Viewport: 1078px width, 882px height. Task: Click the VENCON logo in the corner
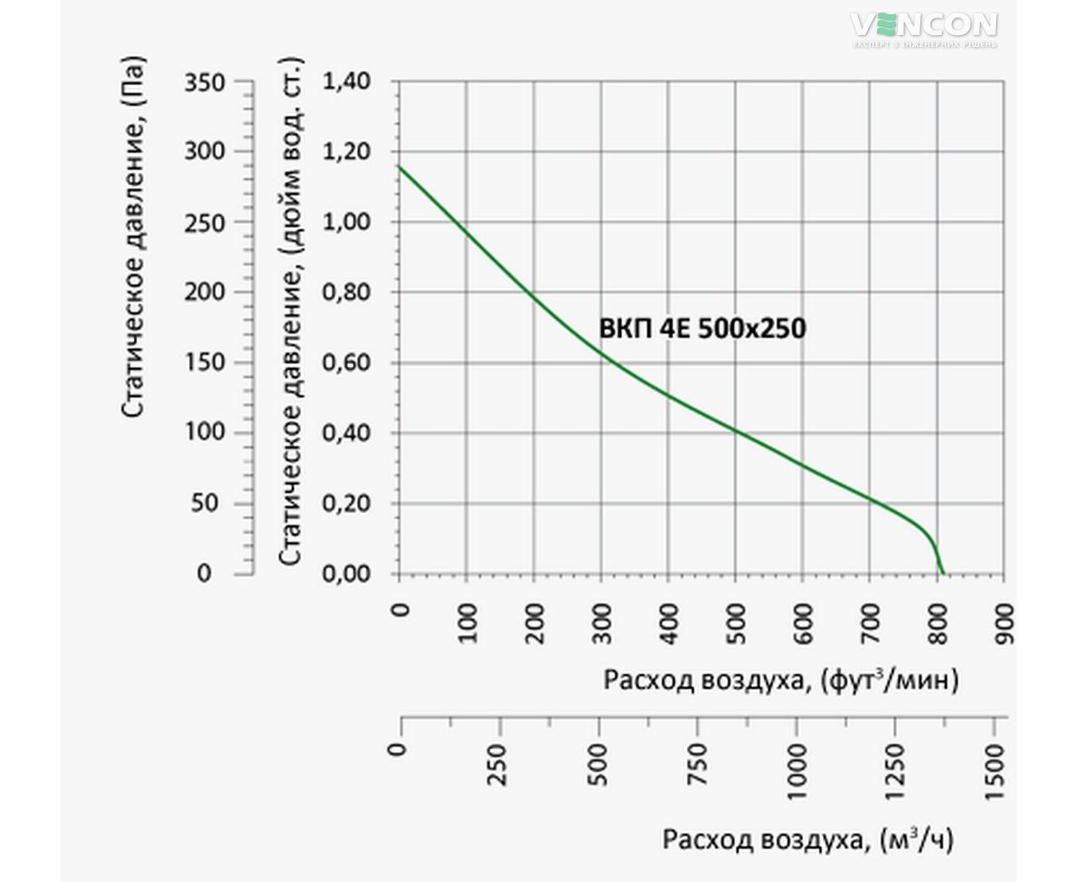pyautogui.click(x=924, y=27)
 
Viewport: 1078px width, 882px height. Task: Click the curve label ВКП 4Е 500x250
pyautogui.click(x=702, y=328)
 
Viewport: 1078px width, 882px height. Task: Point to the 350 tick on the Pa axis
pyautogui.click(x=205, y=82)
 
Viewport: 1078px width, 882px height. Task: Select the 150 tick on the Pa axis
pyautogui.click(x=205, y=363)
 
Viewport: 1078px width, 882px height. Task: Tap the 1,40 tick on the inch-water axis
pyautogui.click(x=347, y=82)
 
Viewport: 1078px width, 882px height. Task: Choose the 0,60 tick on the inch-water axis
pyautogui.click(x=347, y=363)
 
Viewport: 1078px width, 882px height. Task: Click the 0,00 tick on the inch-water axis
pyautogui.click(x=347, y=574)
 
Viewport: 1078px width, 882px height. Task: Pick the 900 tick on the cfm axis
pyautogui.click(x=1004, y=623)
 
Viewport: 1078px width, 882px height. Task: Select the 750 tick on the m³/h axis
pyautogui.click(x=697, y=763)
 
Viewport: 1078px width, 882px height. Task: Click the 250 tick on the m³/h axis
pyautogui.click(x=500, y=763)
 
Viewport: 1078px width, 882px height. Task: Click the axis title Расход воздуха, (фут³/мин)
pyautogui.click(x=781, y=680)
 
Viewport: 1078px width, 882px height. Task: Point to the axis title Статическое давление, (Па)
pyautogui.click(x=135, y=236)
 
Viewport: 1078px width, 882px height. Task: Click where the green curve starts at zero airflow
pyautogui.click(x=398, y=167)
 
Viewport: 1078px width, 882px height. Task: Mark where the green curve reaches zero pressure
pyautogui.click(x=943, y=574)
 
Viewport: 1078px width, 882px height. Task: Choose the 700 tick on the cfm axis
pyautogui.click(x=870, y=623)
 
